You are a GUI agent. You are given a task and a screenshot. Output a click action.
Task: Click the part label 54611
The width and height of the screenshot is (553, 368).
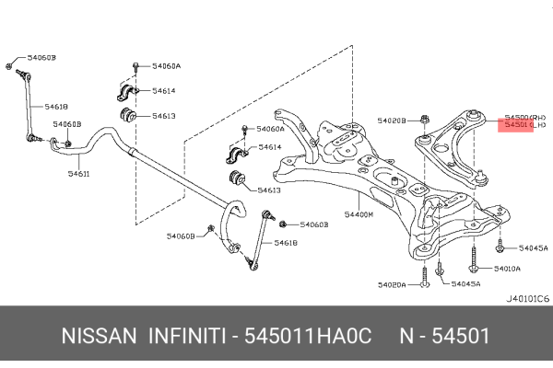click(x=78, y=174)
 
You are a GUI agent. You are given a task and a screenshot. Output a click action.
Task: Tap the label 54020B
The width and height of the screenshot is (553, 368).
click(x=391, y=120)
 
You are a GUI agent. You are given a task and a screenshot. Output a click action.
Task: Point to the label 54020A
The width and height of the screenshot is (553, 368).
click(x=391, y=285)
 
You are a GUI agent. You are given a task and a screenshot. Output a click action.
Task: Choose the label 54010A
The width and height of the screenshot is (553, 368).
click(x=507, y=269)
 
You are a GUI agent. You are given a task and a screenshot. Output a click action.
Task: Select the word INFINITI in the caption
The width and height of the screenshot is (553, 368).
click(x=190, y=337)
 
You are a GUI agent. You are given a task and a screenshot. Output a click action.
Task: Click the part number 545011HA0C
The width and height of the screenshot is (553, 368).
click(x=307, y=337)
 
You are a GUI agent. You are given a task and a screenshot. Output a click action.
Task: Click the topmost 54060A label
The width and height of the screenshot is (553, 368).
click(x=166, y=66)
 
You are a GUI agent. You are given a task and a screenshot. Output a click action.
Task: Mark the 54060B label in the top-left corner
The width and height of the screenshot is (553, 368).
click(x=42, y=58)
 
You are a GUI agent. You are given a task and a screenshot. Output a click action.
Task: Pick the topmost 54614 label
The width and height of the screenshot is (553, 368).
click(x=164, y=91)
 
